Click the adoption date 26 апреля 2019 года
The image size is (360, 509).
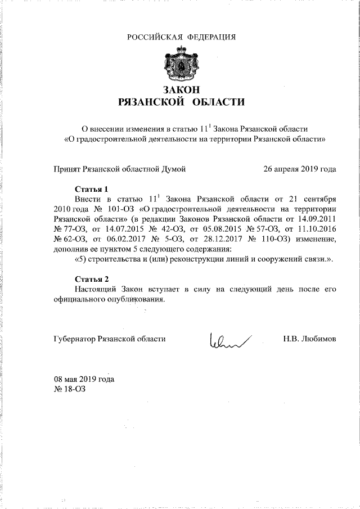coord(300,168)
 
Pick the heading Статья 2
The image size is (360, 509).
coord(91,278)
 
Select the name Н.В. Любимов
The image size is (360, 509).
coord(310,339)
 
